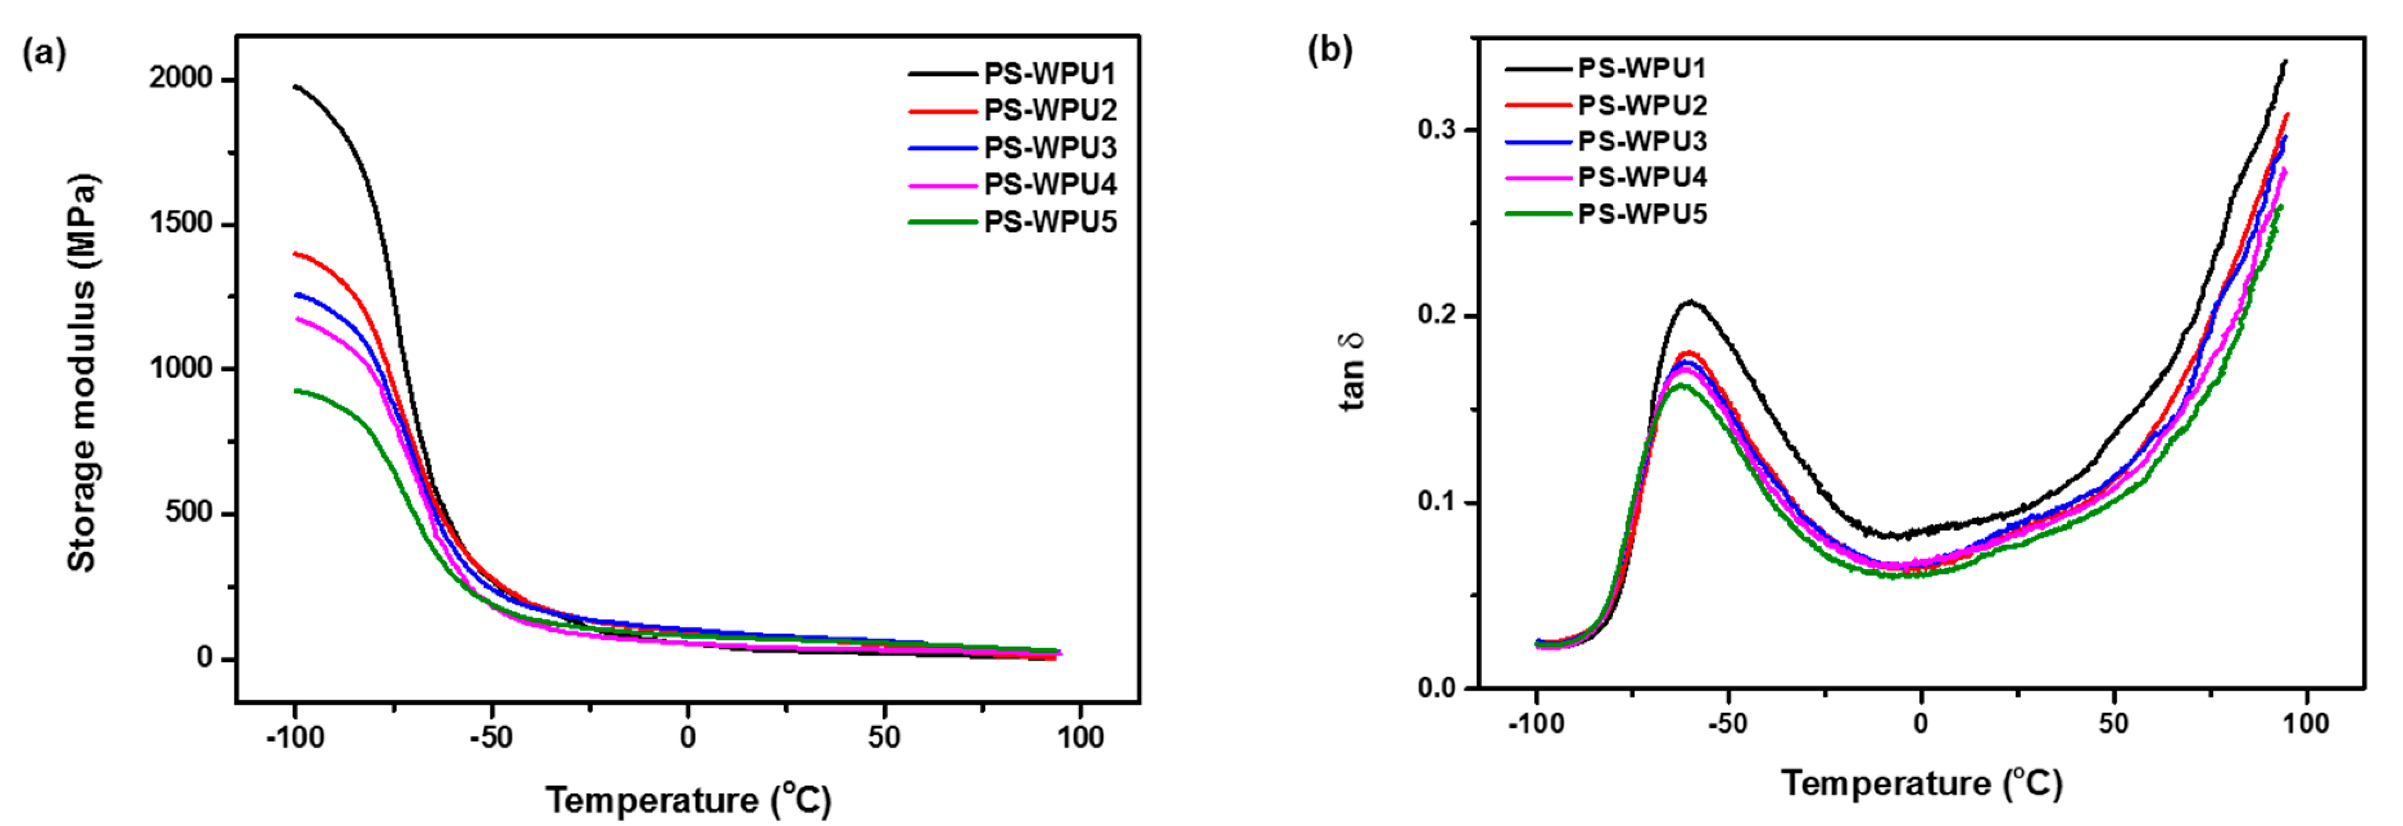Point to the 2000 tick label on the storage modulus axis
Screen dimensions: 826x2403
(x=181, y=79)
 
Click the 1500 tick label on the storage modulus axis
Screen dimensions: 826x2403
(x=181, y=224)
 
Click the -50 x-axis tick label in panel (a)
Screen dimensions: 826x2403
(x=490, y=737)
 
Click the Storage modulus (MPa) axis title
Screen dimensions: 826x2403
(x=82, y=373)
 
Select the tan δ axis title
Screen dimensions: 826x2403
(x=1351, y=372)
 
